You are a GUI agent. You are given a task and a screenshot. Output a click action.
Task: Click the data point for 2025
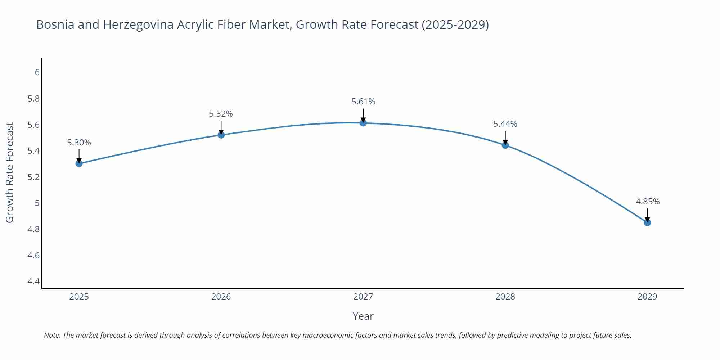(79, 163)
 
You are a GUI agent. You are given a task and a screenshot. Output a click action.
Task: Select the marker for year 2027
(363, 123)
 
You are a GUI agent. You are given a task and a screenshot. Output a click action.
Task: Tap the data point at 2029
(647, 222)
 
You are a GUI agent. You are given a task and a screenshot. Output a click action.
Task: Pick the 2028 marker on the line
(505, 145)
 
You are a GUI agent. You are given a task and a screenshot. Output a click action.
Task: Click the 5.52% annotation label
(221, 114)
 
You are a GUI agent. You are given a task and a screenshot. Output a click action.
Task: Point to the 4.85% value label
(647, 202)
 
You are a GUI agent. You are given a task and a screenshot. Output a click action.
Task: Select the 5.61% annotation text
(363, 102)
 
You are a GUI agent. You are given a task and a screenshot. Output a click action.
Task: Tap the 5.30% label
(79, 143)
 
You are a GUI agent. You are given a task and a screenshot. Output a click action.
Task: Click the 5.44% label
(505, 124)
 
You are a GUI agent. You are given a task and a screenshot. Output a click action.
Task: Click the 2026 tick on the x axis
(221, 297)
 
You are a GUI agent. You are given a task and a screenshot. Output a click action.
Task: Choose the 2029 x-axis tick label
(647, 297)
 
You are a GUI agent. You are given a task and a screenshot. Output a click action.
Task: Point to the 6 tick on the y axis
(37, 72)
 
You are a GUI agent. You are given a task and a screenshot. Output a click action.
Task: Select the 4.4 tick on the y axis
(33, 281)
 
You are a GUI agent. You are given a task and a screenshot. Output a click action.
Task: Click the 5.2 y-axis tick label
(33, 177)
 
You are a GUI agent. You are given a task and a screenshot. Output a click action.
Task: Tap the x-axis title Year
(363, 316)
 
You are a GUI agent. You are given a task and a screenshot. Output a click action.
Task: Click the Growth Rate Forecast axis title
(10, 172)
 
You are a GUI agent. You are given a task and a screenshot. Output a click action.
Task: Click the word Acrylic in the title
(196, 24)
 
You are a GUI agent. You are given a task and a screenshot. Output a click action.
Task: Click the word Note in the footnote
(52, 335)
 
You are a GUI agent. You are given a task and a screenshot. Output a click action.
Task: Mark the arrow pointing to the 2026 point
(221, 127)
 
